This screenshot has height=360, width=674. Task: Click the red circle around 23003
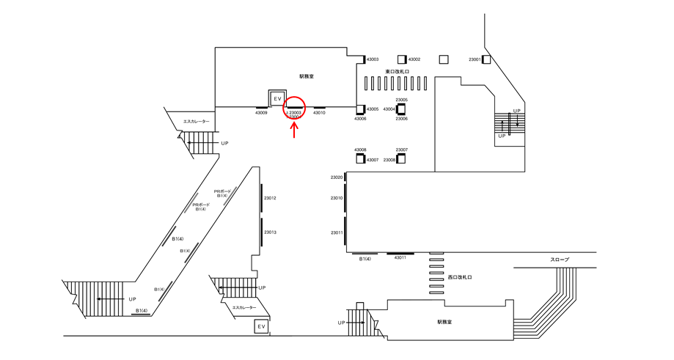(x=295, y=108)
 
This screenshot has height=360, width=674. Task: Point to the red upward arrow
(x=295, y=129)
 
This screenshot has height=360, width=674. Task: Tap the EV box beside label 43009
(x=277, y=98)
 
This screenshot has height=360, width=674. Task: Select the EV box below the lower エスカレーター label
(x=261, y=326)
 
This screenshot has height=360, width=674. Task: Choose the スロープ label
(x=560, y=260)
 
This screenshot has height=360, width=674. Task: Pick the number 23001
(x=475, y=59)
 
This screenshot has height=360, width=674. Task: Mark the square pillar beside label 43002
(x=401, y=59)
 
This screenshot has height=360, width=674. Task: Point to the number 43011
(x=400, y=258)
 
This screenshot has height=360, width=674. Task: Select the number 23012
(x=270, y=199)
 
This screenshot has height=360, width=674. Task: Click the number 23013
(x=270, y=232)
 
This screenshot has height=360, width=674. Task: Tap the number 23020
(x=337, y=177)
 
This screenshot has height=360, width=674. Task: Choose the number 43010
(x=319, y=113)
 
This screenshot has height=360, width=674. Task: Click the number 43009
(x=261, y=113)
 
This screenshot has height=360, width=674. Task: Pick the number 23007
(x=402, y=150)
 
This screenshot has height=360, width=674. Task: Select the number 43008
(x=360, y=150)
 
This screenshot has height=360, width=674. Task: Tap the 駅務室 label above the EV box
(x=307, y=76)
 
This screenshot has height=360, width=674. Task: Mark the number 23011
(x=337, y=232)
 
